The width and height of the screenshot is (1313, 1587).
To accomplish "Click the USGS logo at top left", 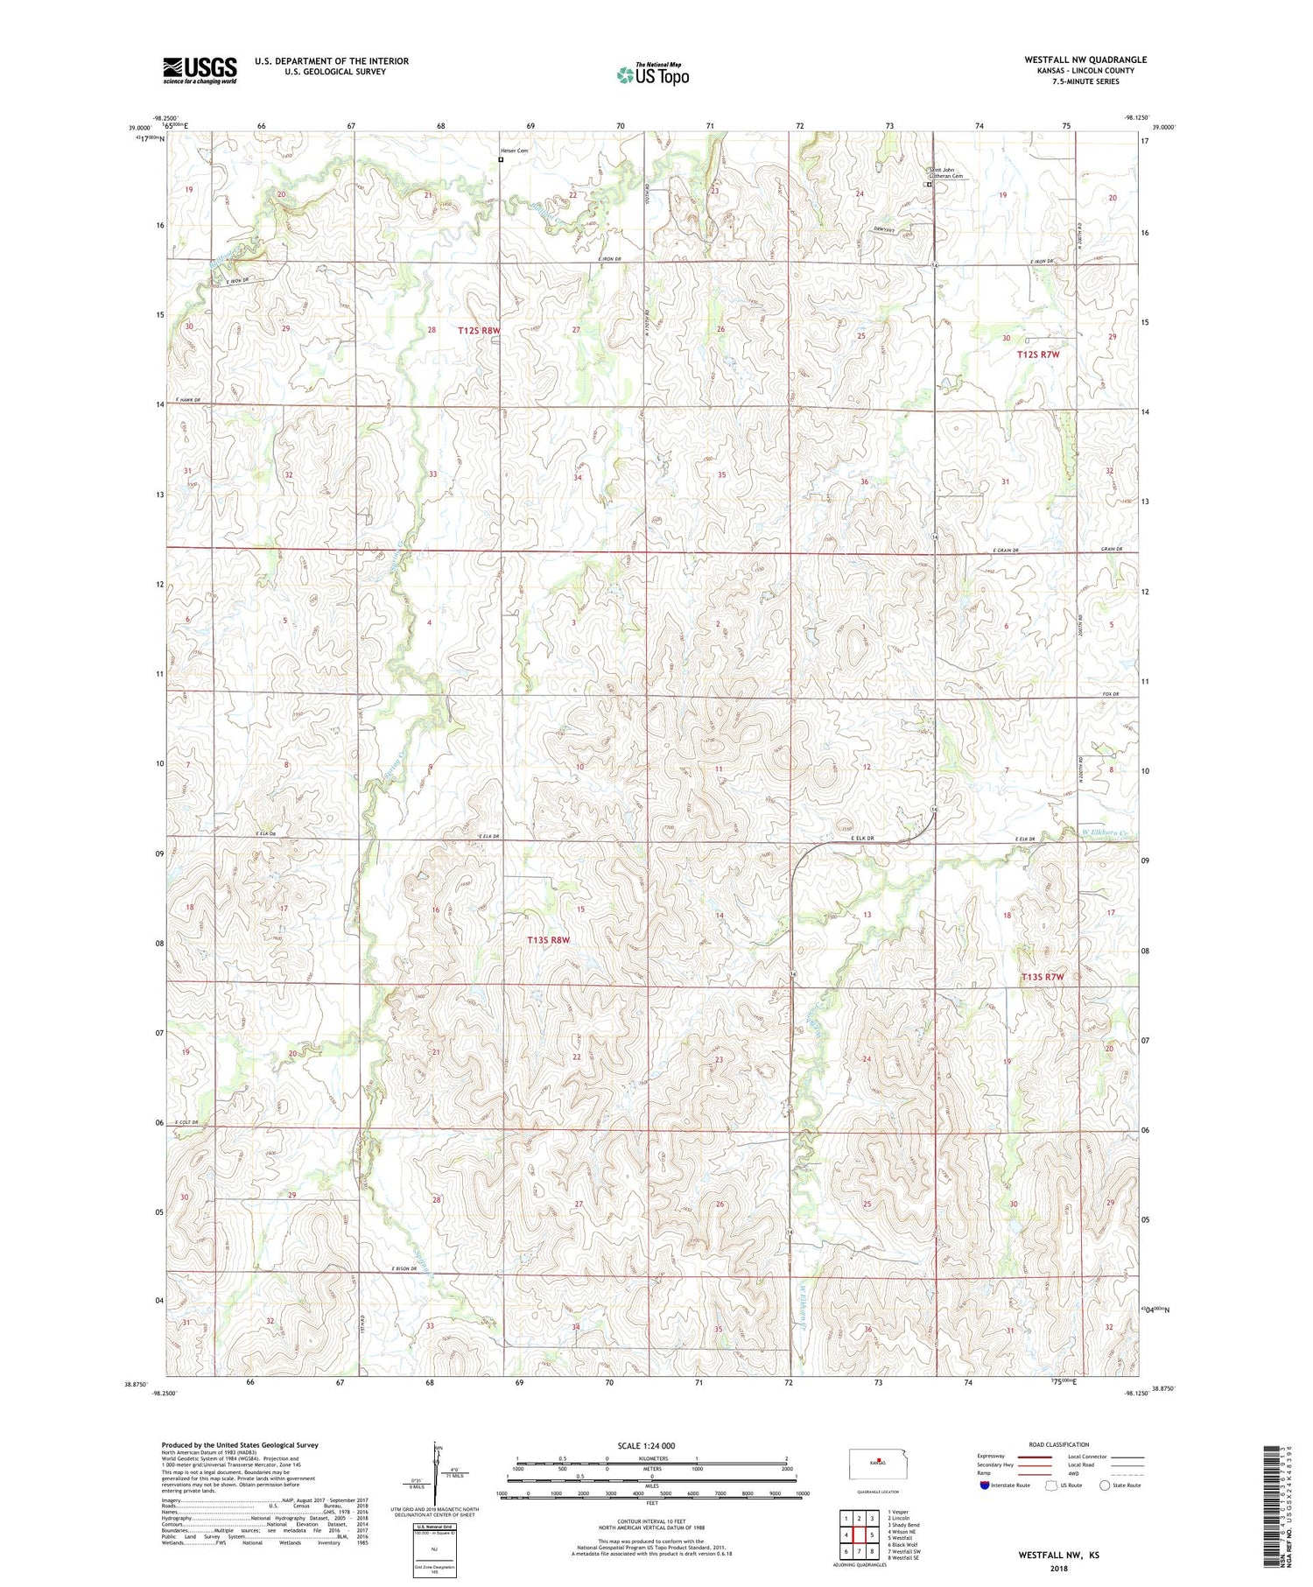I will pyautogui.click(x=200, y=70).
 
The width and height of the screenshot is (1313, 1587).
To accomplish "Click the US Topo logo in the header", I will pyautogui.click(x=652, y=75).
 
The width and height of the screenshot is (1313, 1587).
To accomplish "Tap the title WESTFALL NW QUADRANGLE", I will pyautogui.click(x=1085, y=60).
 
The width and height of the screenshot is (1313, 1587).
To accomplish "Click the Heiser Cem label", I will pyautogui.click(x=514, y=151).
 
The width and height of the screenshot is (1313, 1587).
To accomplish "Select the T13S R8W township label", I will pyautogui.click(x=549, y=939).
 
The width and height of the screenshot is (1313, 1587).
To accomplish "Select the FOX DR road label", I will pyautogui.click(x=1112, y=694).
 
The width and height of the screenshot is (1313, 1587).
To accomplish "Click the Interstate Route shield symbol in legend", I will pyautogui.click(x=985, y=1485).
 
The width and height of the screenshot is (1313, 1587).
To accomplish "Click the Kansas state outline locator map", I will pyautogui.click(x=878, y=1463).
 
